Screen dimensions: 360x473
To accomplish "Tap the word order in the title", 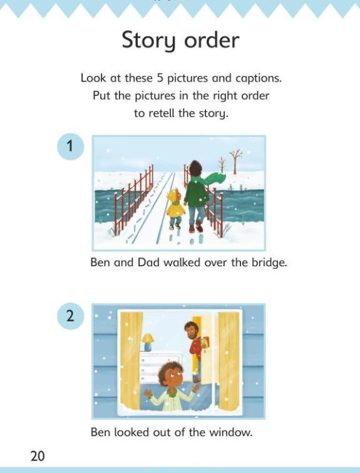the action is pyautogui.click(x=212, y=41).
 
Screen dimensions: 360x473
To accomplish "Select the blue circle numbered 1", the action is pyautogui.click(x=70, y=147).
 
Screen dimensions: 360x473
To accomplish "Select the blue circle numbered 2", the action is pyautogui.click(x=70, y=316).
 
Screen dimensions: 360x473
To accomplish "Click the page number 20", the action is pyautogui.click(x=38, y=455).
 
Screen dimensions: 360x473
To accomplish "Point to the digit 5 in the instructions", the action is pyautogui.click(x=160, y=78).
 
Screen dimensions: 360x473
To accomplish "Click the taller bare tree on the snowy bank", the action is pyautogui.click(x=236, y=162).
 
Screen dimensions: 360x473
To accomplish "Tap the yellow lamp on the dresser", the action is pyautogui.click(x=147, y=342).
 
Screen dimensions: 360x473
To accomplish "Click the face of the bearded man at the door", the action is pyautogui.click(x=191, y=330).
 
